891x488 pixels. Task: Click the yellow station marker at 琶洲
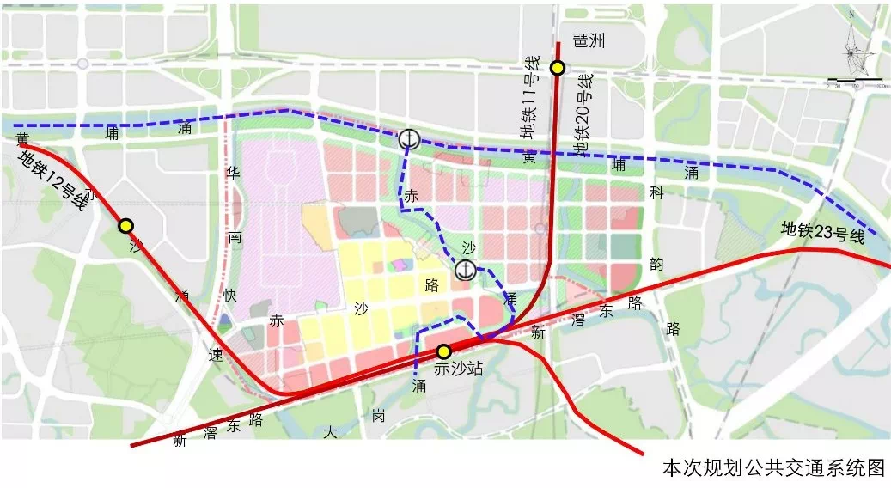[558, 69]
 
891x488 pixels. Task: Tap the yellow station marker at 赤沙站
[443, 351]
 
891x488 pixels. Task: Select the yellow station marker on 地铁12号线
[126, 225]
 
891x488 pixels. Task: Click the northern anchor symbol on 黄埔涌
[409, 138]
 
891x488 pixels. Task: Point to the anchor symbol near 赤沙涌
[464, 271]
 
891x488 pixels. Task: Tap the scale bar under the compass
[855, 83]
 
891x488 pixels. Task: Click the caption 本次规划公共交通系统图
[772, 467]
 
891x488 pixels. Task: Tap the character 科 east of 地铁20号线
[657, 195]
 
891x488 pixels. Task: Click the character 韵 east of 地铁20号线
[657, 265]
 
